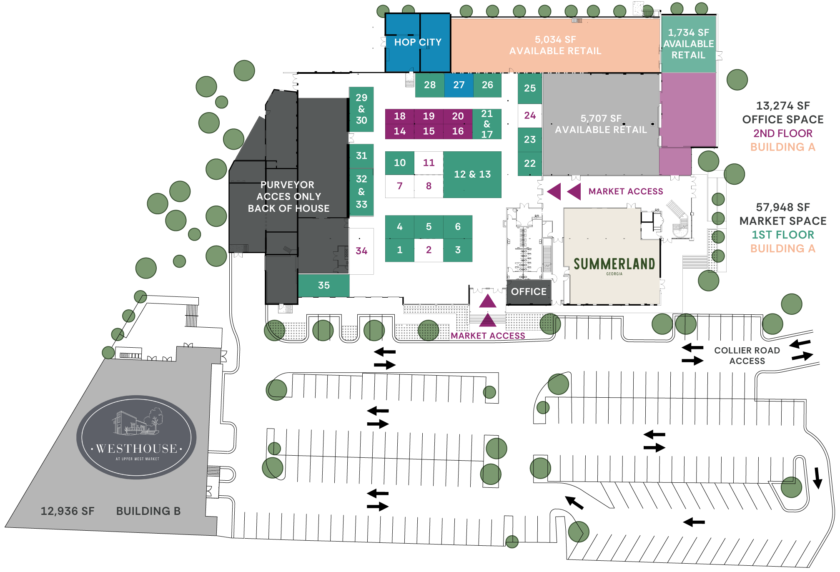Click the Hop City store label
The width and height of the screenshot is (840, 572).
click(418, 42)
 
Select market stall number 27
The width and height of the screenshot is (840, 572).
click(459, 85)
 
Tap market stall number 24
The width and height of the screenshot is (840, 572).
click(530, 115)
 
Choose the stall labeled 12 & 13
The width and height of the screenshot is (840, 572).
click(472, 174)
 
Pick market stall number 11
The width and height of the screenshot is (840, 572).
click(429, 163)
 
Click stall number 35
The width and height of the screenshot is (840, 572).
click(324, 285)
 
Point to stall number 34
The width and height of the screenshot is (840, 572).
click(361, 251)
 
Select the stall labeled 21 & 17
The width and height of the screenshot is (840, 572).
click(487, 124)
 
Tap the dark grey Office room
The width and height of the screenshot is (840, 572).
click(529, 292)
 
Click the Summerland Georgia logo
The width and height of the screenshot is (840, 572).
click(614, 266)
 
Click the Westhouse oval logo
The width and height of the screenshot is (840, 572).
click(136, 437)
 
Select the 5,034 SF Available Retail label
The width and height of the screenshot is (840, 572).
click(555, 45)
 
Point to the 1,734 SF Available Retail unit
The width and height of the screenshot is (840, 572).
click(688, 44)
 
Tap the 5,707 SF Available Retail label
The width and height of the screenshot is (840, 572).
click(601, 124)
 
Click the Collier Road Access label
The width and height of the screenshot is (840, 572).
click(747, 356)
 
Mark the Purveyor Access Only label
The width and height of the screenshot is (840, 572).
click(288, 196)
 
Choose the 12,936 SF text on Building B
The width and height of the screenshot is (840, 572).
click(68, 511)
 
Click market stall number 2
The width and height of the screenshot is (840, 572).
click(429, 250)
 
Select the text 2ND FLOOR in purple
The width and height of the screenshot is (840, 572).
click(782, 133)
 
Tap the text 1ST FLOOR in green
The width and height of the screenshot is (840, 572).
click(782, 235)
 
